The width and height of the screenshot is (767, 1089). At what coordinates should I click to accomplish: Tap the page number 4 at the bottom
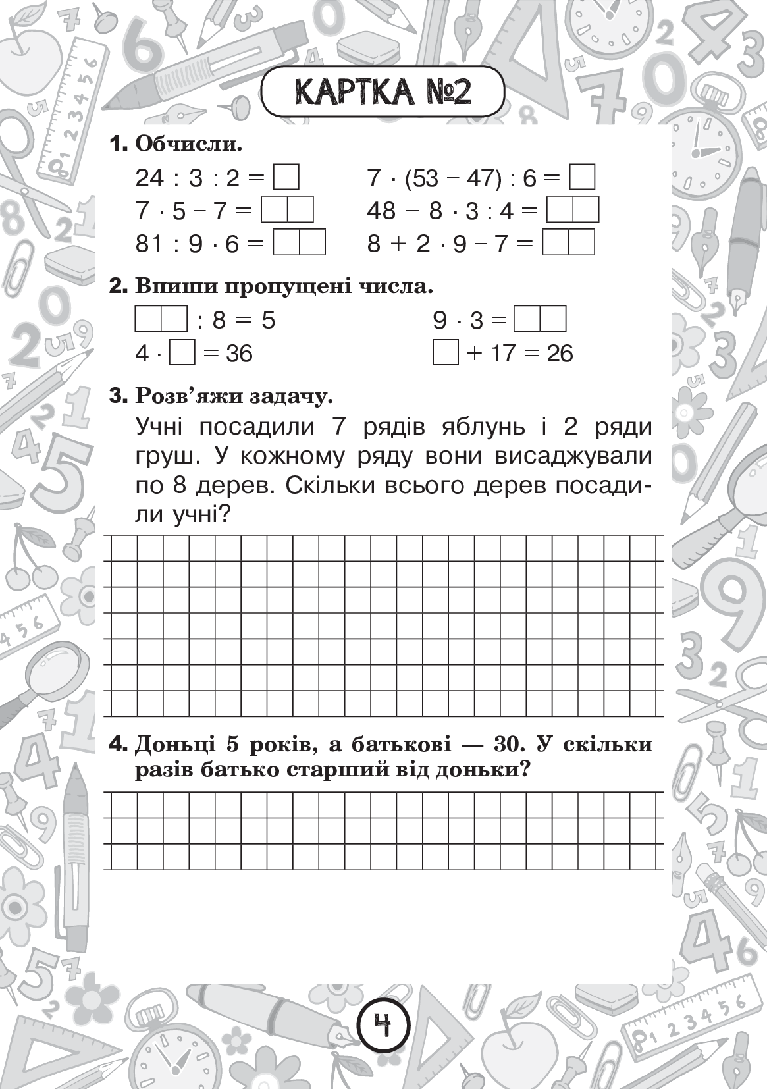coord(383,1025)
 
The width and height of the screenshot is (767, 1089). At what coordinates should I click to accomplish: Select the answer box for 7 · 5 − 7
coord(287,211)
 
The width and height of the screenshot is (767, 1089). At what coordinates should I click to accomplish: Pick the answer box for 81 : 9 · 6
coord(300,244)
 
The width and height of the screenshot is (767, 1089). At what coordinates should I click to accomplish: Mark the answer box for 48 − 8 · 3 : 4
coord(573,211)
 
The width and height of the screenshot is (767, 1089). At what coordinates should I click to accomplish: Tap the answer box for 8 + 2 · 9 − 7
coord(568,244)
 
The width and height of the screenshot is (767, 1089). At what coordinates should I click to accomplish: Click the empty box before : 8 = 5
coord(161,320)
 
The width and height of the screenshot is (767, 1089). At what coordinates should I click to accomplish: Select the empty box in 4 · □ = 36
coord(182,353)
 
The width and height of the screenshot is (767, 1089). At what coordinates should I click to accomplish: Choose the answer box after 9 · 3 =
coord(540,320)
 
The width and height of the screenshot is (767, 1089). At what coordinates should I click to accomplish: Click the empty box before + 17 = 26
coord(446,353)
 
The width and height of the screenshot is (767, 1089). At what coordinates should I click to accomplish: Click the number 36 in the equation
coord(238,354)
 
